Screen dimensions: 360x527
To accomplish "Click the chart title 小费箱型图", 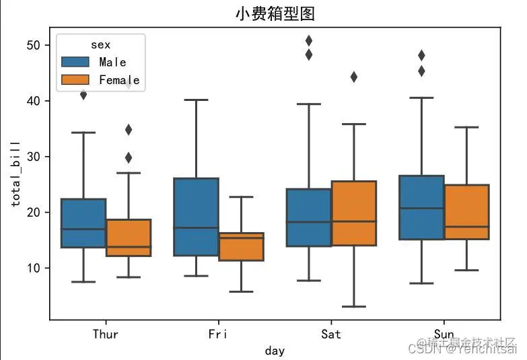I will (x=275, y=13).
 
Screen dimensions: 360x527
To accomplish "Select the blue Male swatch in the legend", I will (x=76, y=62).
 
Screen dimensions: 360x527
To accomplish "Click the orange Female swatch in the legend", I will (x=76, y=79).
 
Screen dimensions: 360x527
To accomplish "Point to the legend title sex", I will (x=101, y=45).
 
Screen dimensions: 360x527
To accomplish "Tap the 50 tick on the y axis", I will (x=34, y=45).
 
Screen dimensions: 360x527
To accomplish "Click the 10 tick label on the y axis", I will (x=34, y=268).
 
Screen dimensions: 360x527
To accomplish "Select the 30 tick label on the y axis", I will (x=34, y=157).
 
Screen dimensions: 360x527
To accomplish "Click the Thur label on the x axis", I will (x=106, y=334).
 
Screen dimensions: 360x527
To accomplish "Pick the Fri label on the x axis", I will (x=218, y=334).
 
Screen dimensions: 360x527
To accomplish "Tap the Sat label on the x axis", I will (x=330, y=334).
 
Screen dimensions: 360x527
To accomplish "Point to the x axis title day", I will (x=275, y=351).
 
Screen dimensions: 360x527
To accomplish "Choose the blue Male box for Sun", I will (x=421, y=207).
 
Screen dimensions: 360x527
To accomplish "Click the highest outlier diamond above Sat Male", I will (x=309, y=41).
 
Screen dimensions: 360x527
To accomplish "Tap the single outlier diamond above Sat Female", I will (x=353, y=77).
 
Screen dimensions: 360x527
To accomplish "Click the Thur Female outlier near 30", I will (x=128, y=157).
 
